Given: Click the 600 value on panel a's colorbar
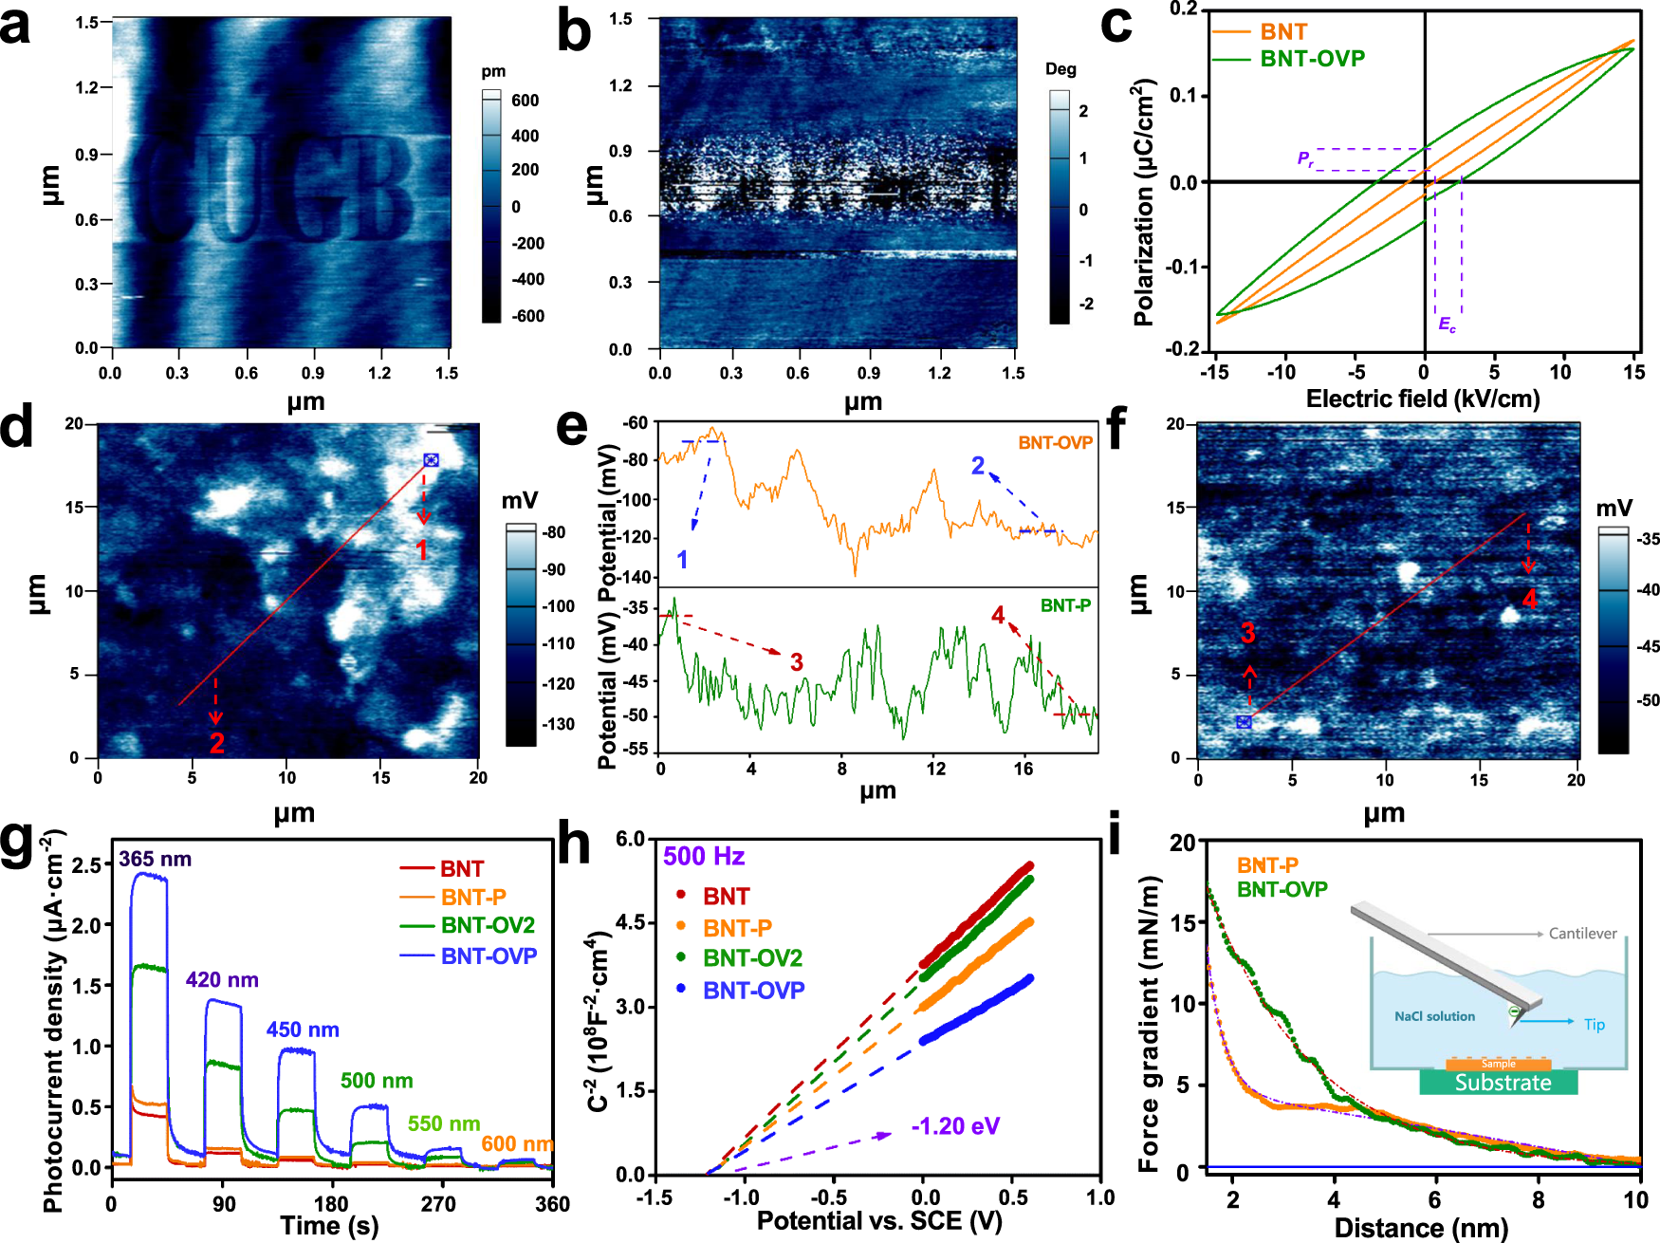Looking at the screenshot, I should pos(525,101).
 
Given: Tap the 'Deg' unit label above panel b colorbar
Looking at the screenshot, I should pos(1061,69).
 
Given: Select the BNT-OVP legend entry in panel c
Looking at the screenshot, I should pos(1312,59).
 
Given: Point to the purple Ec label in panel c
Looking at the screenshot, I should pos(1447,325).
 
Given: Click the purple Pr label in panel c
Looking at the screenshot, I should pos(1305,158).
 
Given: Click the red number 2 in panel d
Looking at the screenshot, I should pos(216,743).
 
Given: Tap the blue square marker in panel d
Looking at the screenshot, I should pos(431,460).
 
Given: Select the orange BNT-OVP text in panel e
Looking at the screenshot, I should pos(1055,443).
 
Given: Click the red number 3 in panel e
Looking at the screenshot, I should pos(797,662).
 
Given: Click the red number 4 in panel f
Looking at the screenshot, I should pos(1530,599).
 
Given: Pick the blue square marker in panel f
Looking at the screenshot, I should pos(1244,722).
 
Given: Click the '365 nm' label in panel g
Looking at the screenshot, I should pos(155,860).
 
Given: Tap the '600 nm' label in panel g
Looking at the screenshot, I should pos(516,1143).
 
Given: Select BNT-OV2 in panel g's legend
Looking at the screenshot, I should pos(488,925).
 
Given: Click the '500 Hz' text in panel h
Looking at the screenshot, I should pos(703,857).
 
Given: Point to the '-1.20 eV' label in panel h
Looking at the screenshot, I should pos(955,1126).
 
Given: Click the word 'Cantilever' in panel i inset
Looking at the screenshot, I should pos(1582,934).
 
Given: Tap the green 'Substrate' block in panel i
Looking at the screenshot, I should pos(1503,1083).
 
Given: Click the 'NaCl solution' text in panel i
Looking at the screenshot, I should pos(1434,1016).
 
